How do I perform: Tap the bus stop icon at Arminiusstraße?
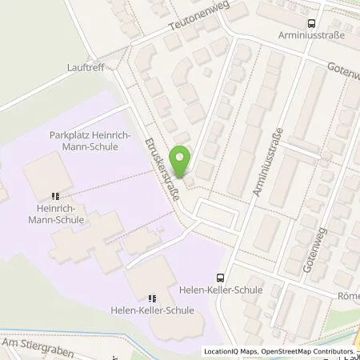tap(311, 25)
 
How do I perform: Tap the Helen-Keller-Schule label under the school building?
tap(153, 310)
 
